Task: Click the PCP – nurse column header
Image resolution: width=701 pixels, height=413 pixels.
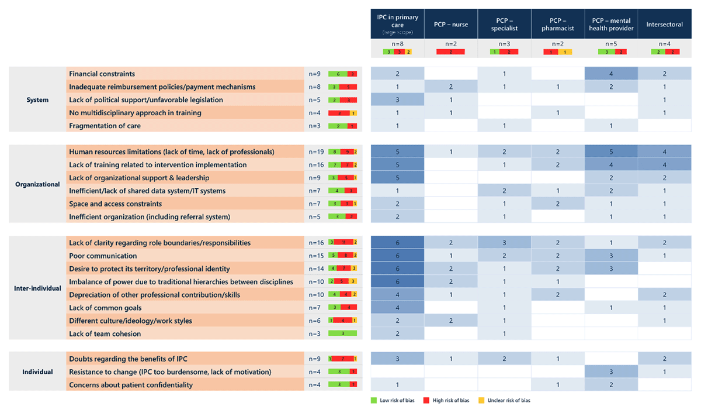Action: tap(451, 24)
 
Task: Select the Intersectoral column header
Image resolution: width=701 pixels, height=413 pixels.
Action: tap(664, 24)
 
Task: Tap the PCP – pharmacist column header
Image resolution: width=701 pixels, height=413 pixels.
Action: tap(558, 24)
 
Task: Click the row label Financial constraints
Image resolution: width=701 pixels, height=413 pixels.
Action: tap(102, 74)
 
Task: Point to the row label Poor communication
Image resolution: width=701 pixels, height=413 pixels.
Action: tap(103, 256)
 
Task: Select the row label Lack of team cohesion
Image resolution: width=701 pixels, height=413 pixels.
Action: tap(105, 334)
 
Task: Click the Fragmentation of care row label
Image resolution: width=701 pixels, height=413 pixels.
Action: tap(105, 126)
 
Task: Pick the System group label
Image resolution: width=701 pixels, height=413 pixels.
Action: tap(37, 100)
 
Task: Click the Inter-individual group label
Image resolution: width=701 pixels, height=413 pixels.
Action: tap(37, 288)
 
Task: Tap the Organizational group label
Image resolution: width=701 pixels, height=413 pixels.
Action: tap(37, 184)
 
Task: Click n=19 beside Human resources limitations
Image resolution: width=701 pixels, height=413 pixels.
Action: tap(316, 152)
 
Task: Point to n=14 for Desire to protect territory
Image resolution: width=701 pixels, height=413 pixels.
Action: tap(316, 269)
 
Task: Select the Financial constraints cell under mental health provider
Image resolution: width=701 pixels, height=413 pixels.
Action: tap(611, 74)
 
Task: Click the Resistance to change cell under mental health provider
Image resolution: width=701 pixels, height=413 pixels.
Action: tap(611, 372)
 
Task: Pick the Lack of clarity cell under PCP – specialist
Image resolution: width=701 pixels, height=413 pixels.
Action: tap(504, 243)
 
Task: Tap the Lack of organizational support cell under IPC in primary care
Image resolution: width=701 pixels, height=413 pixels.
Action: tap(397, 178)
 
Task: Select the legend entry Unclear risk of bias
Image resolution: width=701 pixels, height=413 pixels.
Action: tap(509, 401)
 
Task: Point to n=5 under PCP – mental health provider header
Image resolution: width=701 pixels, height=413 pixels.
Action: tap(611, 44)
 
